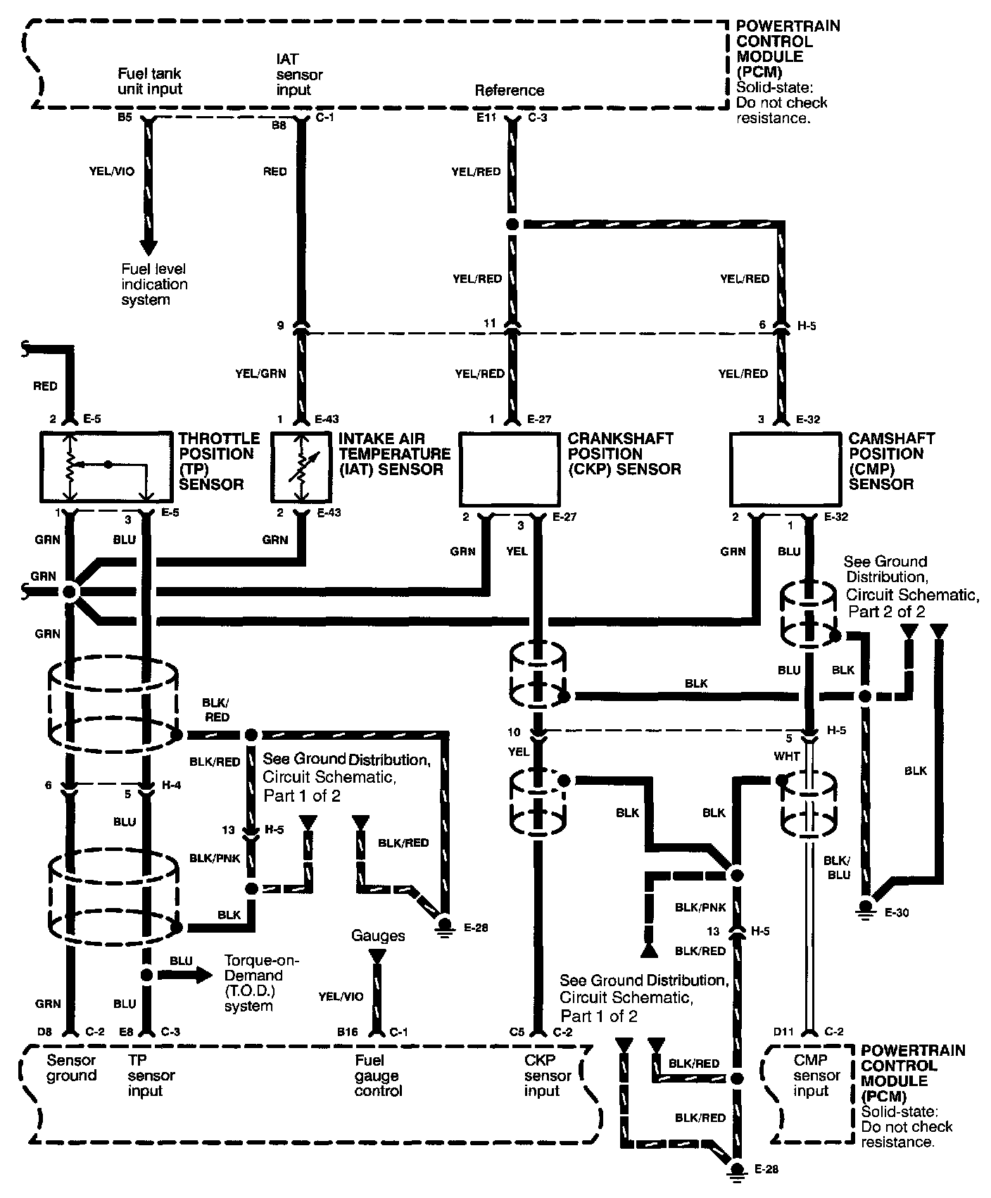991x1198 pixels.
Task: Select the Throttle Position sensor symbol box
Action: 106,467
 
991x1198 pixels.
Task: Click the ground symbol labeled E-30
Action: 866,907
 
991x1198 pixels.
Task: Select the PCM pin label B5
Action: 125,118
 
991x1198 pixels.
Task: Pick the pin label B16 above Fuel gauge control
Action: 348,1032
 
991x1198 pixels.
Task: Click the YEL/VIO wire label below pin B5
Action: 113,171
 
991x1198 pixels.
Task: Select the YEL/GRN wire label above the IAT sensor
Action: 260,374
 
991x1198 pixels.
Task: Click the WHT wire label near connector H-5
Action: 786,757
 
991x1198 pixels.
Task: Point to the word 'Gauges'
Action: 378,935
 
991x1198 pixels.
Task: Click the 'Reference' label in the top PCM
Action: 509,90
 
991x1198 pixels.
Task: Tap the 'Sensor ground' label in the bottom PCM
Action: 71,1068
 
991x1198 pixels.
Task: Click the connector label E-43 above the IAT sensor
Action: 327,420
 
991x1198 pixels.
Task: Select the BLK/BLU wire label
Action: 838,867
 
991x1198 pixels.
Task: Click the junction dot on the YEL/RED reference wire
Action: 513,225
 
